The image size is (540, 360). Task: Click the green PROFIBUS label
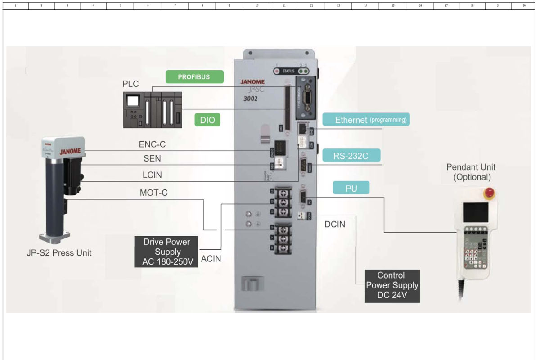pyautogui.click(x=194, y=76)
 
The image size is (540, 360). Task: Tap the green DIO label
pyautogui.click(x=207, y=120)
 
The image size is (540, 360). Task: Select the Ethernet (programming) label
pyautogui.click(x=366, y=120)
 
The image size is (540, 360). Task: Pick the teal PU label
pyautogui.click(x=351, y=188)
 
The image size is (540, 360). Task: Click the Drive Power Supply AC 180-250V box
pyautogui.click(x=166, y=252)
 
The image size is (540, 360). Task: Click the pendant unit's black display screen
pyautogui.click(x=476, y=212)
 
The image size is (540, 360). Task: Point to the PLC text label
pyautogui.click(x=130, y=85)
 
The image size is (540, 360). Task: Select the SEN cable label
pyautogui.click(x=152, y=159)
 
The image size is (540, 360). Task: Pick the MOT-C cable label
pyautogui.click(x=154, y=193)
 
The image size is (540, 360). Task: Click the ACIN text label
pyautogui.click(x=211, y=258)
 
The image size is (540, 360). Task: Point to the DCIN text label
pyautogui.click(x=335, y=224)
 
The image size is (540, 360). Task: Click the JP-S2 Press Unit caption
pyautogui.click(x=59, y=253)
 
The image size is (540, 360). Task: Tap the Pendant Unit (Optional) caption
pyautogui.click(x=471, y=172)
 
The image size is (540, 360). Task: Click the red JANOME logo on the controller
pyautogui.click(x=252, y=82)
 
